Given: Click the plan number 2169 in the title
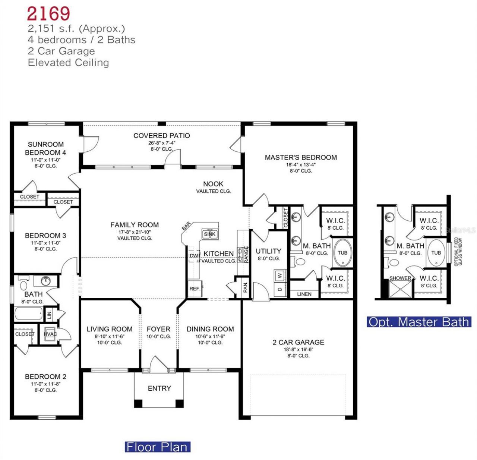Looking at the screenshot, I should point(48,14).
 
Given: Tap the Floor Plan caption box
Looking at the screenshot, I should point(157,447).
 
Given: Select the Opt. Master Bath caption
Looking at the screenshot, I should point(419,322).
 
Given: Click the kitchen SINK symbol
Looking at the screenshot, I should point(210,234).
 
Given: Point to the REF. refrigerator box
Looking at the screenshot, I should point(195,289).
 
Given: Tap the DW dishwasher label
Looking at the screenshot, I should point(194,256).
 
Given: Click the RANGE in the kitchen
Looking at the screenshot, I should point(246,255).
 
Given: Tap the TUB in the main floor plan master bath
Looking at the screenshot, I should point(342,253).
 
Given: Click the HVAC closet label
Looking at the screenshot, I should point(50,334).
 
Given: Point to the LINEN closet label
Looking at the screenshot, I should point(304,294).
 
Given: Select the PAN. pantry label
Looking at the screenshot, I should point(245,287).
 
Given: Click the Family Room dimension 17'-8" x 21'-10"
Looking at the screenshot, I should point(135,231).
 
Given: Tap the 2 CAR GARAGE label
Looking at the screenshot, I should point(298,342).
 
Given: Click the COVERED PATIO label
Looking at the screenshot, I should point(161,136).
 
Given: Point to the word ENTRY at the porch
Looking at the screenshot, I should point(159,388).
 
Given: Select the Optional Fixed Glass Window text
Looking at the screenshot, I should point(458,252).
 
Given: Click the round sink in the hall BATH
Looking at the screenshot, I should point(45,280).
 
